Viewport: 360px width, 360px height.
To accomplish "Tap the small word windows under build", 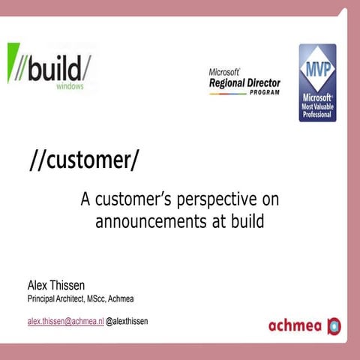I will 70,86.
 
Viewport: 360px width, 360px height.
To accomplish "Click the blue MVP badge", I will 317,82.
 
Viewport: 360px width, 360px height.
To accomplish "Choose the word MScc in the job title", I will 94,300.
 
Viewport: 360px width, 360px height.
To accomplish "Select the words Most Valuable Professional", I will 317,106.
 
